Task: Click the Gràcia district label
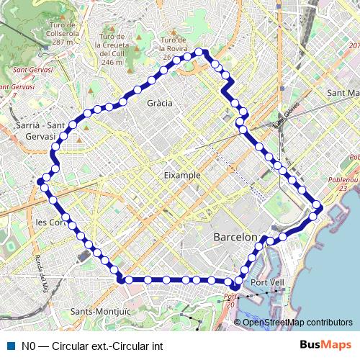159,103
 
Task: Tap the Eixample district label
182,175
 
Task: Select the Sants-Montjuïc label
101,311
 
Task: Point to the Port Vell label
268,282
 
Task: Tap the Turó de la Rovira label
178,48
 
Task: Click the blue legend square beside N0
10,346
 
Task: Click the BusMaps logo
326,345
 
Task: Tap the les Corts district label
50,222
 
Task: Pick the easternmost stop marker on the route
318,207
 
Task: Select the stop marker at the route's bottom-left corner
121,278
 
